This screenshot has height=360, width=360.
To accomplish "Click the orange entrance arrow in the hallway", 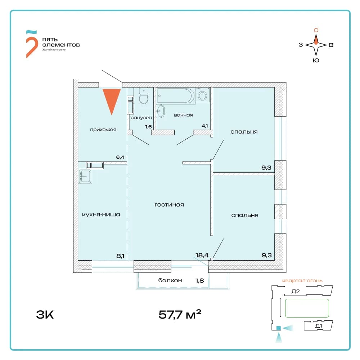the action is (x=112, y=100).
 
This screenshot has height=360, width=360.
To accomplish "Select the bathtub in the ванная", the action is (x=176, y=96).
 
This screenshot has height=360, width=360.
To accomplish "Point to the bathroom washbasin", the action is (x=160, y=111).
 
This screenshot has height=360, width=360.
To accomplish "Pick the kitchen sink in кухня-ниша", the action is (x=85, y=176).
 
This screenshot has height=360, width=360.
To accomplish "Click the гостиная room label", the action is (x=169, y=205).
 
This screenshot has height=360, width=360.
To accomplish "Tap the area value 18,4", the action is (x=202, y=255).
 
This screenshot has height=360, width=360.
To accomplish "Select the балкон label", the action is (x=170, y=280).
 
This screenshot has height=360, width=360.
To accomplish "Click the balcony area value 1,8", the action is (x=199, y=280).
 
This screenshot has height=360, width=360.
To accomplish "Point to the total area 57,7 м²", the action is (x=180, y=314).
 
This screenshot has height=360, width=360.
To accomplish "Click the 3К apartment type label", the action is (x=45, y=315).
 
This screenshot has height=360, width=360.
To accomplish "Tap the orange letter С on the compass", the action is (x=316, y=30).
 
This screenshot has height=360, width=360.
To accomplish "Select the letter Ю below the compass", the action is (x=316, y=60).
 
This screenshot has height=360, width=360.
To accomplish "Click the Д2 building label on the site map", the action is (x=296, y=291).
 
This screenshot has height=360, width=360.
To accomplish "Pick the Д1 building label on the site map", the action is (x=319, y=326).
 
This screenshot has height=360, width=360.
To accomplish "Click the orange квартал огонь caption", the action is (x=302, y=280).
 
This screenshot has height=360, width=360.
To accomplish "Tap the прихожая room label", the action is (x=103, y=130).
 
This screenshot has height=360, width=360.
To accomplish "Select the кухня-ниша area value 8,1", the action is (x=120, y=256).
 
